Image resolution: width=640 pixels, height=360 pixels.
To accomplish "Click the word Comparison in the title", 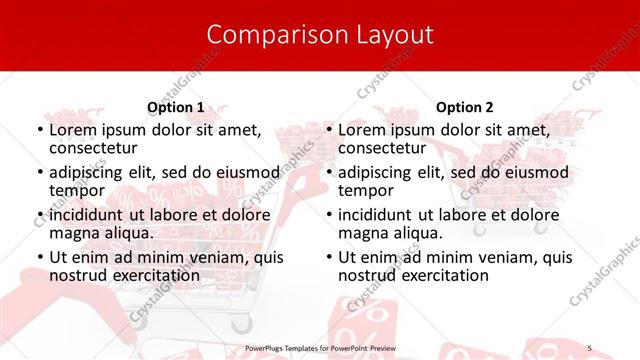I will (268, 35).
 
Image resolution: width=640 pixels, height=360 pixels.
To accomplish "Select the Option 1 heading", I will (175, 107).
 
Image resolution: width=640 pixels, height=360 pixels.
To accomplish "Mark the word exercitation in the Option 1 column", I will (143, 275).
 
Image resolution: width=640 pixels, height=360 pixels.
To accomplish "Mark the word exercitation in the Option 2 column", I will (433, 275).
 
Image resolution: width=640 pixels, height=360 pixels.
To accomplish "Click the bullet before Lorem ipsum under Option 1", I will (39, 130).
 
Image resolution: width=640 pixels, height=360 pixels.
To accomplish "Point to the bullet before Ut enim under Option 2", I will (329, 257).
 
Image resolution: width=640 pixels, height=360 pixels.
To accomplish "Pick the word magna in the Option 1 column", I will (73, 233).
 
